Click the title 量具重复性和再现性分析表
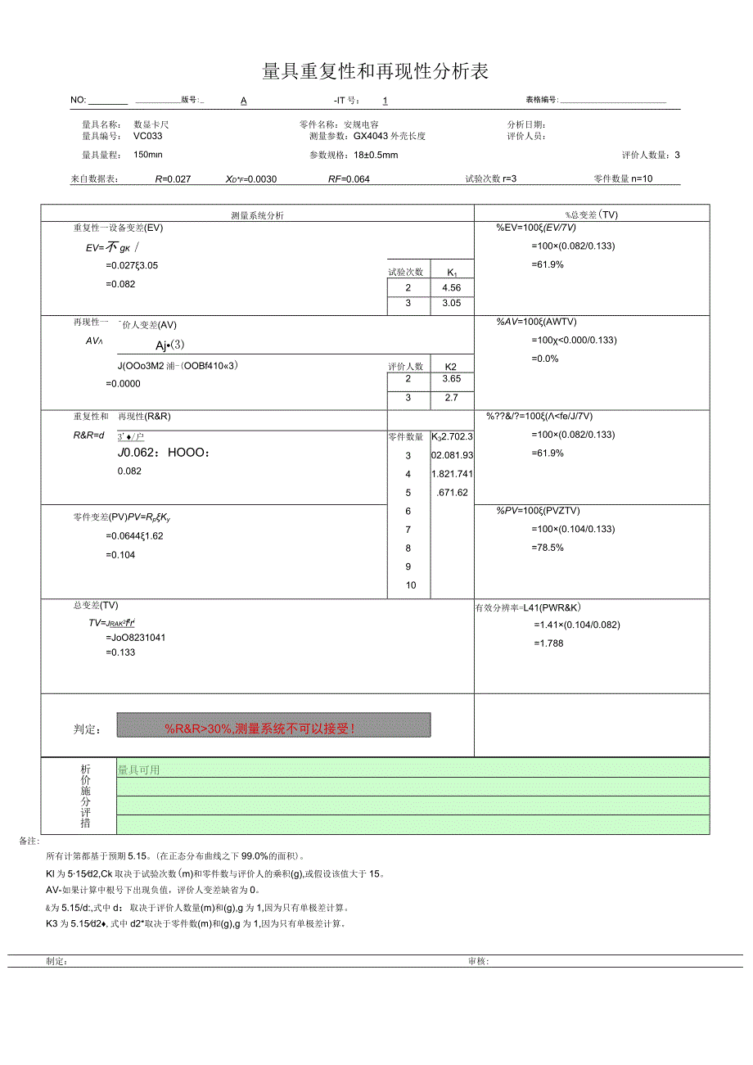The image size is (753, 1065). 375,72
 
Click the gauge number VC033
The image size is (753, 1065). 148,137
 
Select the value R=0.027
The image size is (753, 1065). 173,178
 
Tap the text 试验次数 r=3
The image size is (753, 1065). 491,178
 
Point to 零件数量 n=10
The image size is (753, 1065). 623,178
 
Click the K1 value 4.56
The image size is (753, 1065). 451,287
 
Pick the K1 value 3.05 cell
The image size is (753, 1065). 451,303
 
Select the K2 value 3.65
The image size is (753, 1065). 451,379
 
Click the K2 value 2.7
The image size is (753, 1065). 451,398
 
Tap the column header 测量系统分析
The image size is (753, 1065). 258,215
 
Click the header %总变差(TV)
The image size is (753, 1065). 591,215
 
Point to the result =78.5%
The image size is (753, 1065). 548,548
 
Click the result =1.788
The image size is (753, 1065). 548,643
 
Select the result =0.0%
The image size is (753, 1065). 545,359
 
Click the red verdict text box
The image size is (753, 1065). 273,725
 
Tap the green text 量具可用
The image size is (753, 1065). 139,769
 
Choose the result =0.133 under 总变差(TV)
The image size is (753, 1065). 120,652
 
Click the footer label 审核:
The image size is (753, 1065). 478,962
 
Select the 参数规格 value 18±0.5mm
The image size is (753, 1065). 376,156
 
